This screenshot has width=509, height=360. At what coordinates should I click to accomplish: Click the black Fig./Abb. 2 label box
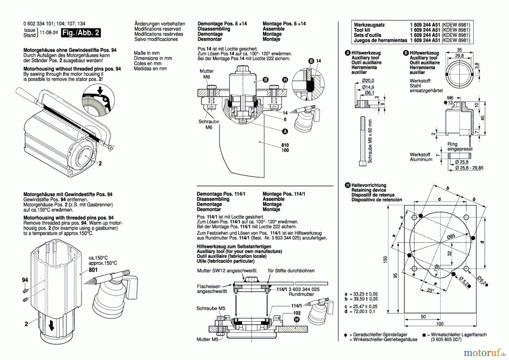pos(81,33)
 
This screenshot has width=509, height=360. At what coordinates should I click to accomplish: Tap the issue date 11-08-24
pos(49,33)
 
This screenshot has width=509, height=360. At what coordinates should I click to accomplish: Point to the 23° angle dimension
pos(430,291)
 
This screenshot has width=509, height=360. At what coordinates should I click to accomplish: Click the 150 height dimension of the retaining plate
pos(385,259)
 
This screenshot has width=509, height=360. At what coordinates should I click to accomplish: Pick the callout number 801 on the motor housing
pos(93,270)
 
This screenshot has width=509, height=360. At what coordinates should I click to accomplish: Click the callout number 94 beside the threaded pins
pos(25,280)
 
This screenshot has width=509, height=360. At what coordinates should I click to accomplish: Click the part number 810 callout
pos(285,145)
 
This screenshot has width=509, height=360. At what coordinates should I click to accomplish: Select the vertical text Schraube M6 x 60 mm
pos(370,141)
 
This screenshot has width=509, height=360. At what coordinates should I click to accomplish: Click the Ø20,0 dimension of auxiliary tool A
pos(368,81)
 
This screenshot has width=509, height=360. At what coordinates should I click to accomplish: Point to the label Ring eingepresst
pos(460,146)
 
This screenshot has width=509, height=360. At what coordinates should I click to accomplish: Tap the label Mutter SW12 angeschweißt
pos(227,270)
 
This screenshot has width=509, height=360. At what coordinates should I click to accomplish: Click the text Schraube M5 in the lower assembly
pos(211,308)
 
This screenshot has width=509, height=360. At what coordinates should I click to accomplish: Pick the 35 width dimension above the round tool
pos(459,50)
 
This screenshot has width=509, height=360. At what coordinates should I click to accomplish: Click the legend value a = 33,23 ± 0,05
pos(361,294)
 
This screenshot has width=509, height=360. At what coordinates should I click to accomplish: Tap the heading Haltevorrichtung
pos(369,185)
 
